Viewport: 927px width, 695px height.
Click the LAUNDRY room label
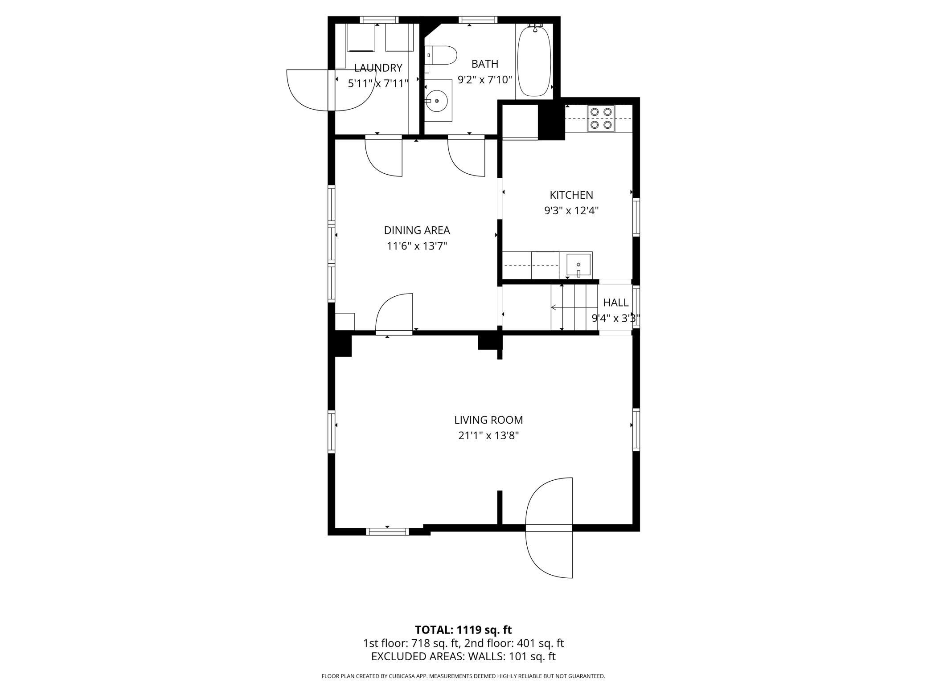pyautogui.click(x=378, y=68)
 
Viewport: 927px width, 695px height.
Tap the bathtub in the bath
pyautogui.click(x=534, y=61)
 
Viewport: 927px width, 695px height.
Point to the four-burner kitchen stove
pyautogui.click(x=601, y=118)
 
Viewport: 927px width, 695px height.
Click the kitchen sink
pyautogui.click(x=578, y=265)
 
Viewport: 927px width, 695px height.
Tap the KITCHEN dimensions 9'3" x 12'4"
pyautogui.click(x=571, y=211)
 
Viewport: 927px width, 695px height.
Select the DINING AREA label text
pyautogui.click(x=417, y=230)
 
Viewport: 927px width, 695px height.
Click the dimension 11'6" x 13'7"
pyautogui.click(x=417, y=246)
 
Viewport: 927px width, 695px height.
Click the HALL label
pyautogui.click(x=615, y=303)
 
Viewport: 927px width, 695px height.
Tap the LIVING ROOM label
pyautogui.click(x=488, y=420)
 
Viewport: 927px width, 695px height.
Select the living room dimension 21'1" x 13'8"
pyautogui.click(x=488, y=436)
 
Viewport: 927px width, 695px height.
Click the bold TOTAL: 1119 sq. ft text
pyautogui.click(x=463, y=630)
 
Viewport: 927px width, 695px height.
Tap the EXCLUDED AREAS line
pyautogui.click(x=463, y=657)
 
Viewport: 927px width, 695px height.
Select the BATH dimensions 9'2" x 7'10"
pyautogui.click(x=485, y=80)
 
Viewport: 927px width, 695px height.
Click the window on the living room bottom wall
pyautogui.click(x=387, y=531)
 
